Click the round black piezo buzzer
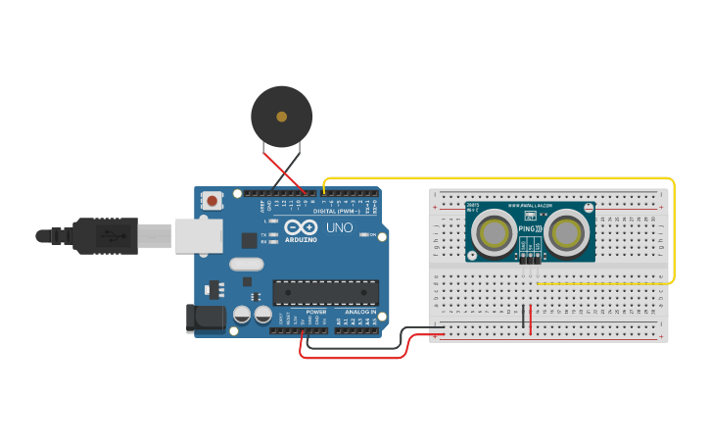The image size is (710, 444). (x=282, y=117)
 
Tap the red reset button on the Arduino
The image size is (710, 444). (x=212, y=201)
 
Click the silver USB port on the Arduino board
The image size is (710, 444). (x=199, y=236)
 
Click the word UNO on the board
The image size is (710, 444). (x=339, y=227)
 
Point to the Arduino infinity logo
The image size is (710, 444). (x=302, y=227)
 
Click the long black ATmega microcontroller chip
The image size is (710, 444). (x=325, y=292)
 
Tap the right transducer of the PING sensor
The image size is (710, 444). (x=567, y=233)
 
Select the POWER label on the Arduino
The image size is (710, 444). (x=315, y=312)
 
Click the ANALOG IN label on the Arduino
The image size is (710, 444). (x=359, y=312)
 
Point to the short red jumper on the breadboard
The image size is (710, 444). (x=531, y=320)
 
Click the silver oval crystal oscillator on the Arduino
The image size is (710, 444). (x=247, y=264)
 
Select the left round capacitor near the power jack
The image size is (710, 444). (x=241, y=315)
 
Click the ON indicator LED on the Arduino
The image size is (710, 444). (x=364, y=235)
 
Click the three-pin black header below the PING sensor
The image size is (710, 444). (x=530, y=258)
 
